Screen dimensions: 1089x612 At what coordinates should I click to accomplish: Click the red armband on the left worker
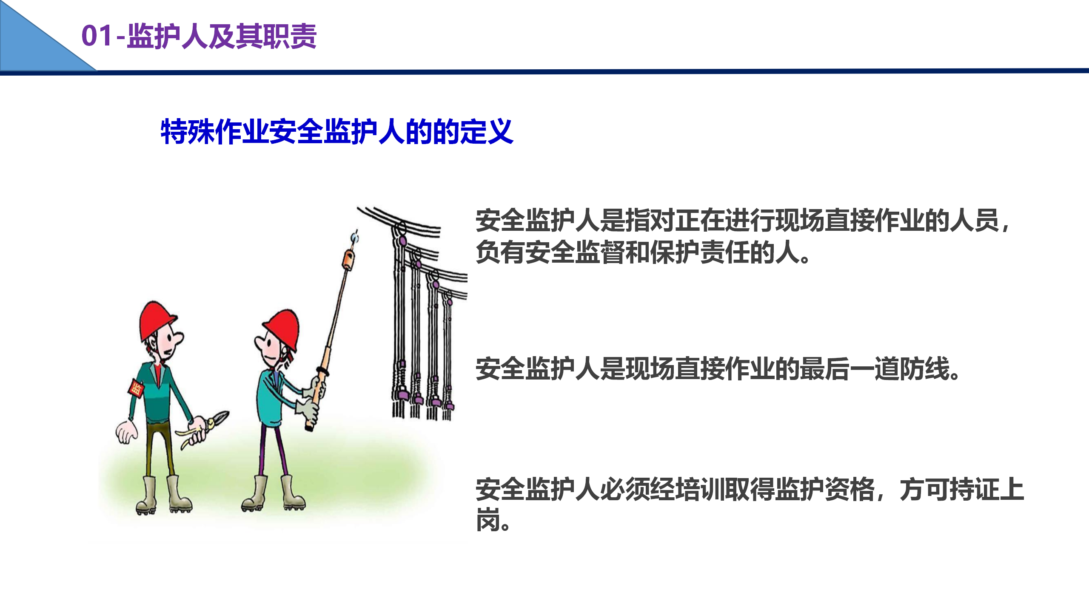click(136, 388)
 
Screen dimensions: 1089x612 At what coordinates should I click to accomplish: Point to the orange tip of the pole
click(348, 260)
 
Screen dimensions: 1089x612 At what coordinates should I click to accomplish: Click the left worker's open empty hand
click(126, 432)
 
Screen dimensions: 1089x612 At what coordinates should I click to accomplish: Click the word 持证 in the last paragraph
click(974, 489)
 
